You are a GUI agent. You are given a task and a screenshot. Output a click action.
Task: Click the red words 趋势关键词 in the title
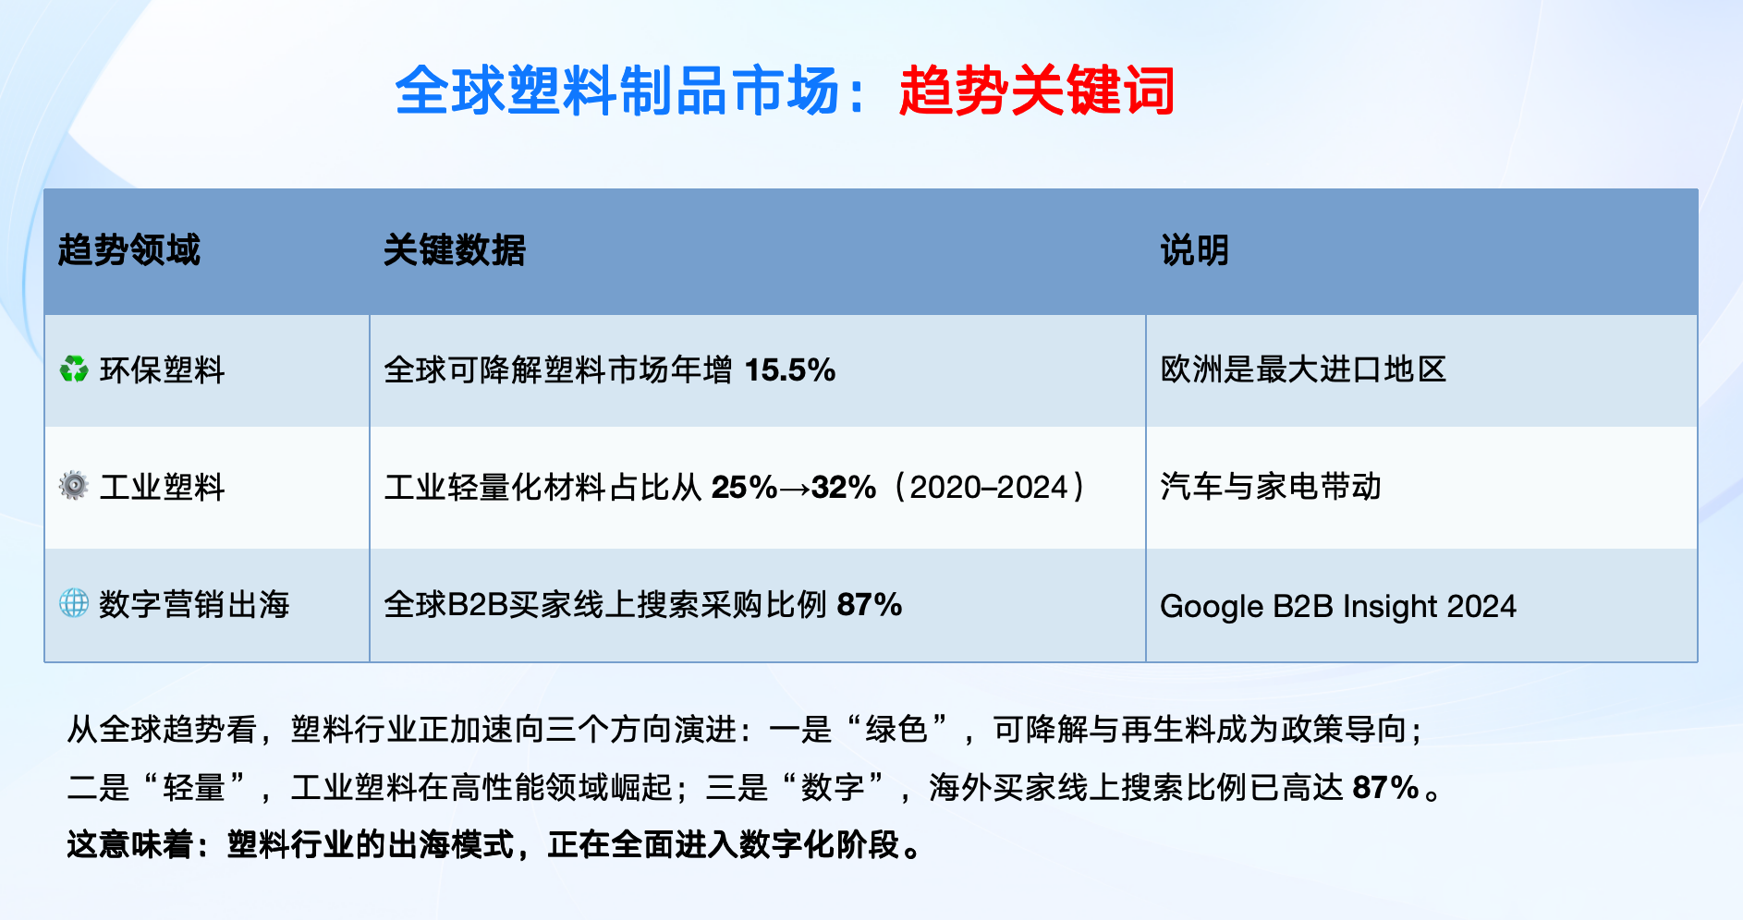(x=1037, y=91)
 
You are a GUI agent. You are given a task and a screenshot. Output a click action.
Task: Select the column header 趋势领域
(x=129, y=250)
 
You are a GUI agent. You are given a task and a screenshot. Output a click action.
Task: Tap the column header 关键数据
(x=455, y=250)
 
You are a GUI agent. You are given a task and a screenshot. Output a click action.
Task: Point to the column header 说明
(x=1195, y=250)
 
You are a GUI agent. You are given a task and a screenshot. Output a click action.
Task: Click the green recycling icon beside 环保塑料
(x=74, y=369)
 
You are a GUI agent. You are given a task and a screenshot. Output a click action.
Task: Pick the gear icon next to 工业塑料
(x=74, y=486)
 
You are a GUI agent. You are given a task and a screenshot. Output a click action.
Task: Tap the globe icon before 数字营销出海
(x=74, y=603)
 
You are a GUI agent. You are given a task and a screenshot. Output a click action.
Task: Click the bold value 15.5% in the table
(x=790, y=370)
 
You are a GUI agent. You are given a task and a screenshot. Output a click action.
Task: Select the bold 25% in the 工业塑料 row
(x=745, y=487)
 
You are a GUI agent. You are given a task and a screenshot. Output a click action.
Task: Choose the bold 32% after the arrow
(x=844, y=487)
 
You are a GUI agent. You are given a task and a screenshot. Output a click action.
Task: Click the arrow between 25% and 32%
(x=795, y=488)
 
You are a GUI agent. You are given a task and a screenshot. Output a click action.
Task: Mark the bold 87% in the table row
(x=870, y=605)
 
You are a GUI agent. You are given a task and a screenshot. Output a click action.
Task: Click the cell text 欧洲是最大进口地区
(x=1304, y=369)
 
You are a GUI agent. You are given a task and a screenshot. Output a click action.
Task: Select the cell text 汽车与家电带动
(x=1271, y=486)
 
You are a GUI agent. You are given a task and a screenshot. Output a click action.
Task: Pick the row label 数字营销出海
(x=194, y=604)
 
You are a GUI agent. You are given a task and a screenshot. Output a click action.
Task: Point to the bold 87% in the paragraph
(x=1385, y=787)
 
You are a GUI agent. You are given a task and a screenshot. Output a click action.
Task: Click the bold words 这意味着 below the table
(x=130, y=844)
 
